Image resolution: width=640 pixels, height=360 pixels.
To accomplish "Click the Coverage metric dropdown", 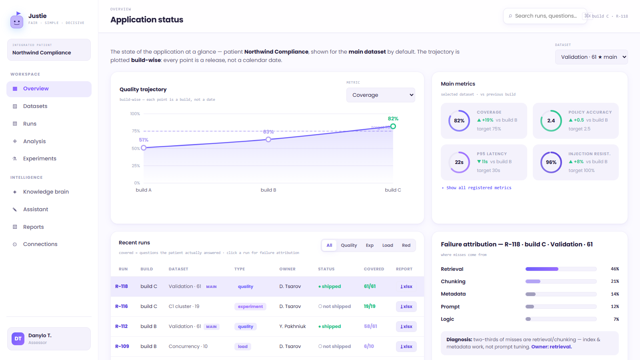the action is click(x=380, y=95).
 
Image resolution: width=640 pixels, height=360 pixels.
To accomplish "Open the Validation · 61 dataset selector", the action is click(x=591, y=57).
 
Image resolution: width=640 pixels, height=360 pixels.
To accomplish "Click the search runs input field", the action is click(x=545, y=16).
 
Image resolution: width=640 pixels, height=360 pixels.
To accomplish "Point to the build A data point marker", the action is click(x=144, y=148).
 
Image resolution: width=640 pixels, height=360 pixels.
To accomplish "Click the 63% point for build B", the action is click(x=268, y=140).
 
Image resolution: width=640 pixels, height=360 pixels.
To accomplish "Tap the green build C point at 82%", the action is click(x=393, y=126).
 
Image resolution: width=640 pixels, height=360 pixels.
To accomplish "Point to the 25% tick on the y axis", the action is click(x=136, y=166).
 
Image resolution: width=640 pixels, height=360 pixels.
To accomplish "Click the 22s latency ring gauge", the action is click(x=459, y=162).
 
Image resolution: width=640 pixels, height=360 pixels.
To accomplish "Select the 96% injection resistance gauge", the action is click(x=551, y=162).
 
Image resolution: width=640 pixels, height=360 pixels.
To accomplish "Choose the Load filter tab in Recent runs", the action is click(x=388, y=246).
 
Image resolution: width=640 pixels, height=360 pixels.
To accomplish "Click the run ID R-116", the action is click(x=122, y=306).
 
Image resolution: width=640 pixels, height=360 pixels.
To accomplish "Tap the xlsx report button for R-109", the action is click(x=406, y=346).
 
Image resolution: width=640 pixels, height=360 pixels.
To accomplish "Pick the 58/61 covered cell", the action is click(x=370, y=326).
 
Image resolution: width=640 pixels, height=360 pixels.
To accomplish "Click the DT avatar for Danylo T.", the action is click(x=18, y=339).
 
